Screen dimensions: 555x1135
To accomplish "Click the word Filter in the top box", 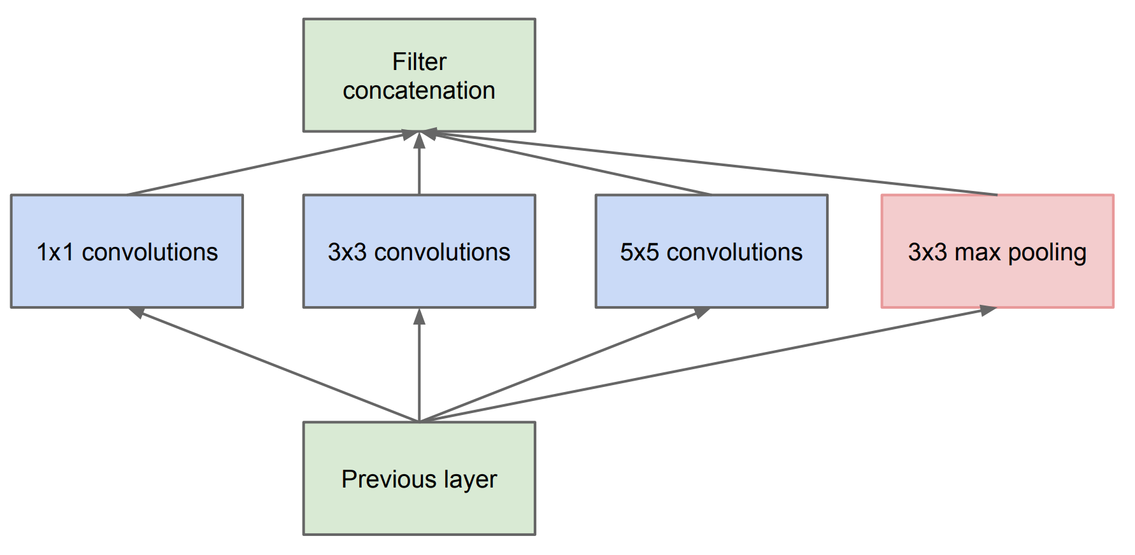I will [419, 62].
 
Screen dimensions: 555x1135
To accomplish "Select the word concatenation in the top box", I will [419, 91].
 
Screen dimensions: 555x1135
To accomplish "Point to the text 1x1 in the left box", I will [55, 252].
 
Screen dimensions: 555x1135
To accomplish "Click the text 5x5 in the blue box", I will [639, 252].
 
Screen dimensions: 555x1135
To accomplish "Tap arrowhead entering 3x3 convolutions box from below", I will [419, 316].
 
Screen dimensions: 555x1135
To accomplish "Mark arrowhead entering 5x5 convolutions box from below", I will [702, 312].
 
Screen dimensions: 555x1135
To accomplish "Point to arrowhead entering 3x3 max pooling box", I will [988, 310].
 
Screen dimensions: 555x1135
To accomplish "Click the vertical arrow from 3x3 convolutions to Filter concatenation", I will [419, 169].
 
